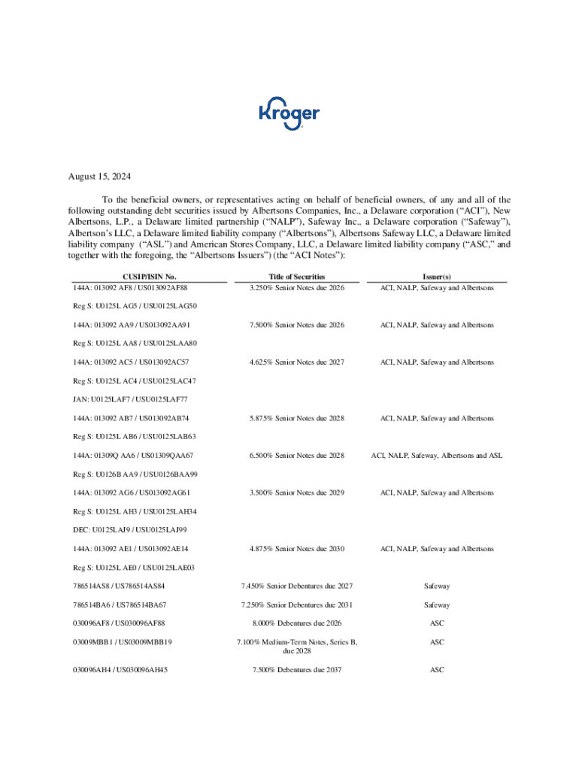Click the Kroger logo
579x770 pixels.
click(x=289, y=114)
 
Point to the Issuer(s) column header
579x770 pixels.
click(x=437, y=277)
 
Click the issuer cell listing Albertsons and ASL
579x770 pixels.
click(x=437, y=456)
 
